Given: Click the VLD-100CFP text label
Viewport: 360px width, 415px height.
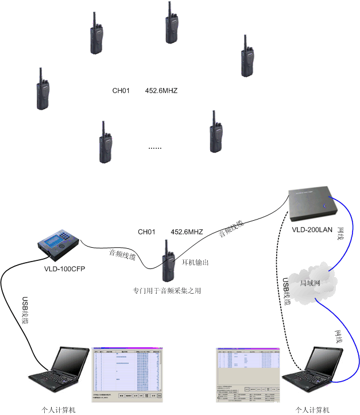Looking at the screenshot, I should click(x=64, y=268).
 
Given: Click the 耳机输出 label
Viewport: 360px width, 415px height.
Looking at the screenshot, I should click(x=195, y=263).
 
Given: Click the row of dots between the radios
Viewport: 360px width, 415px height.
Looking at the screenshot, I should click(x=155, y=148).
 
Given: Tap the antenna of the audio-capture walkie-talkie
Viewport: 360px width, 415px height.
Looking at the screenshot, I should click(x=164, y=244).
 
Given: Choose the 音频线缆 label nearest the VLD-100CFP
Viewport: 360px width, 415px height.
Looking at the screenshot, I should click(x=122, y=254).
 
